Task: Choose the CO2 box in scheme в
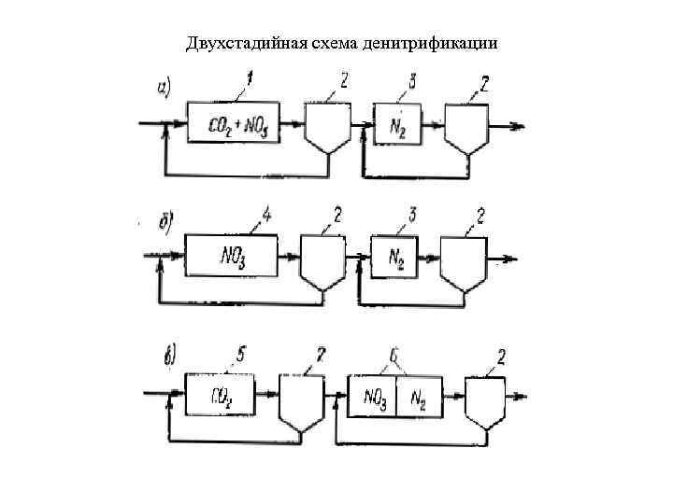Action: (x=222, y=396)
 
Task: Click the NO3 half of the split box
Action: (x=372, y=397)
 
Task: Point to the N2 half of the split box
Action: (x=420, y=397)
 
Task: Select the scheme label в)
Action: (x=171, y=356)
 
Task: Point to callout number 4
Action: (x=267, y=217)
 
